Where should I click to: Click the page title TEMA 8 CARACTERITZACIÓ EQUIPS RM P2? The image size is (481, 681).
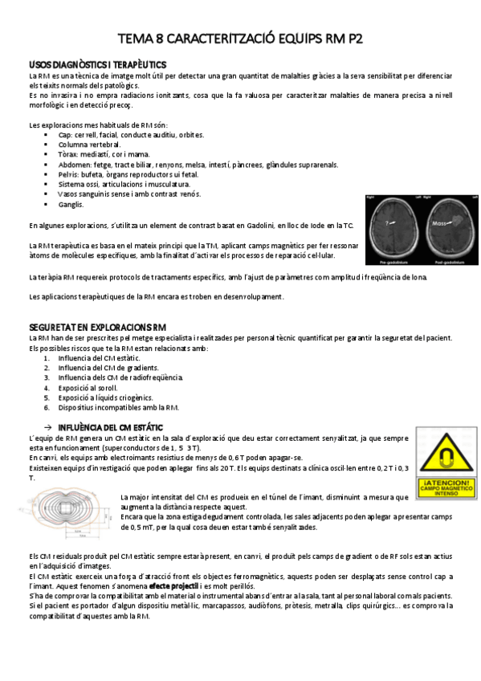click(240, 37)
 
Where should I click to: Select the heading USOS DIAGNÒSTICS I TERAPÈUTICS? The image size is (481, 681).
click(97, 63)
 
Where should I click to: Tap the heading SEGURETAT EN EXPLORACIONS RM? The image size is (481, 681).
click(97, 328)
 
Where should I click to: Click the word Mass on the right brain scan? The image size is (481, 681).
click(438, 223)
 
